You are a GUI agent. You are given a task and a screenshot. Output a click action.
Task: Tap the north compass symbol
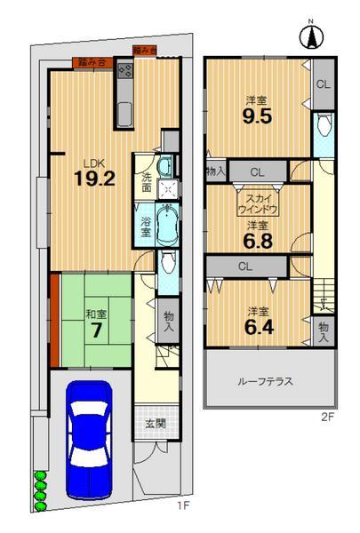pyautogui.click(x=312, y=36)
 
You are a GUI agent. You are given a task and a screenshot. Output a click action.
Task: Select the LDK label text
pyautogui.click(x=93, y=163)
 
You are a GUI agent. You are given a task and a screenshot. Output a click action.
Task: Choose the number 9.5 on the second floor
pyautogui.click(x=257, y=116)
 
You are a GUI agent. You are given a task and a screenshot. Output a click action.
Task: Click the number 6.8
pyautogui.click(x=257, y=238)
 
